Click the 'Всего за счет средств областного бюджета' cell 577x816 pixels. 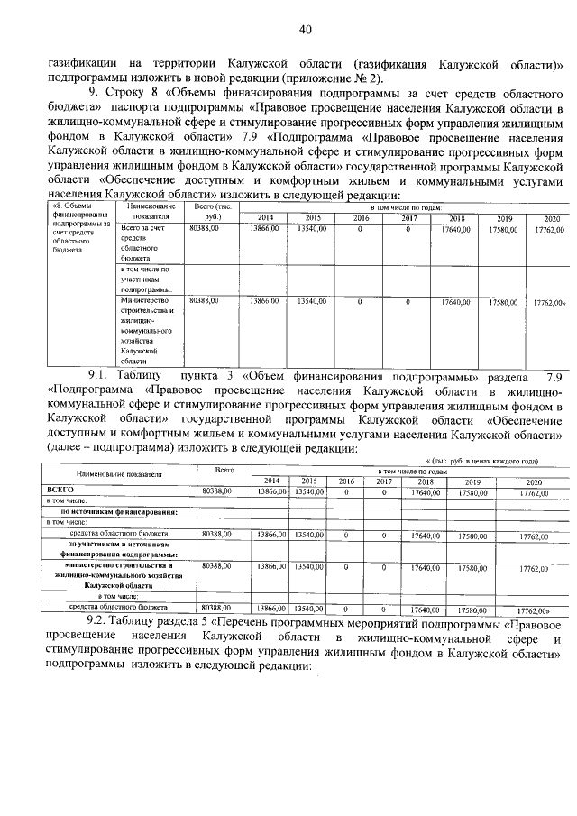point(144,243)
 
